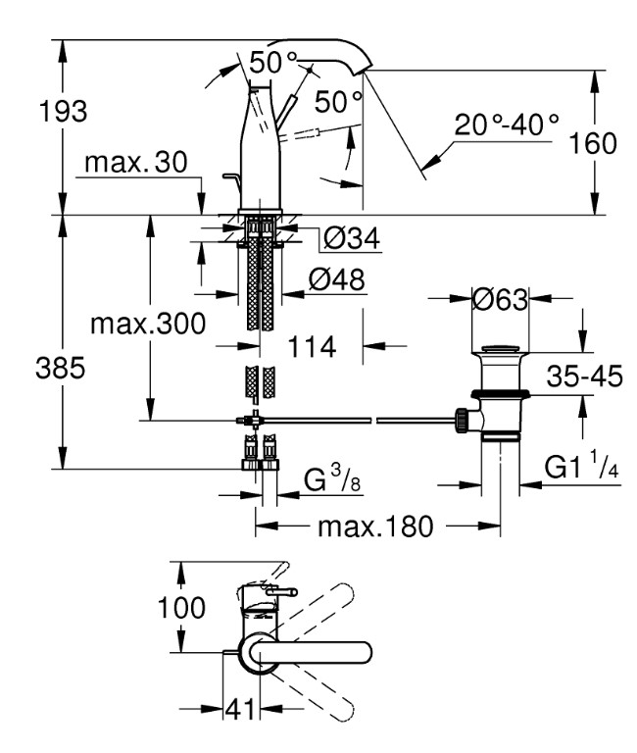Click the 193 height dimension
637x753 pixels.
tap(63, 111)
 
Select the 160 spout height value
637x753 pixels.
tap(593, 143)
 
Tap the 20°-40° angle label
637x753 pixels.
tap(507, 125)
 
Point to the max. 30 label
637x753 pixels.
tap(136, 163)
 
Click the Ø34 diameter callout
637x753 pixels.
tap(352, 238)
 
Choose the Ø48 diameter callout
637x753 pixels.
tap(336, 279)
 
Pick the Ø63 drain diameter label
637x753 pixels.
tap(500, 299)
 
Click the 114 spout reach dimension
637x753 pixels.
tap(312, 346)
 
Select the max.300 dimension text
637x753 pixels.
tap(148, 324)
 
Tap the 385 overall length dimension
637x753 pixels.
tap(61, 369)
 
